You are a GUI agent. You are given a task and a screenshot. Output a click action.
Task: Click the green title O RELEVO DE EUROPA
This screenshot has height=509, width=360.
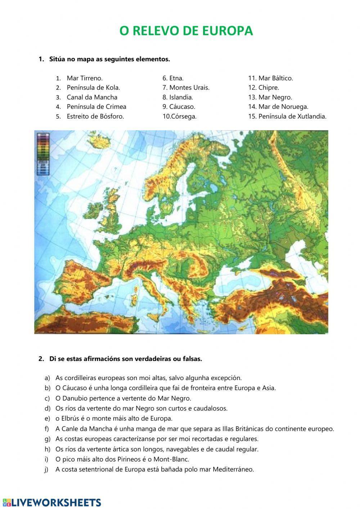click(186, 31)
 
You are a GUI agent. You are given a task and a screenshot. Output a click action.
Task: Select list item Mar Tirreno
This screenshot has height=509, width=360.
click(85, 78)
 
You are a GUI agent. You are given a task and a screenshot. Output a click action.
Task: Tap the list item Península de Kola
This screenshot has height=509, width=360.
click(93, 88)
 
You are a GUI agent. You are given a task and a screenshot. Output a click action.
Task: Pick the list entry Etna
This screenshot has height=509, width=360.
click(176, 78)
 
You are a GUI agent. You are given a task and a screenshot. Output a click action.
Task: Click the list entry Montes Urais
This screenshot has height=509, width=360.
click(189, 88)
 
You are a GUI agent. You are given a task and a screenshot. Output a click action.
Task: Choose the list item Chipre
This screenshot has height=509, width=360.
click(269, 88)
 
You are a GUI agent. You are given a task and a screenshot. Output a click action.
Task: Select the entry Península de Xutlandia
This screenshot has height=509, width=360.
click(292, 116)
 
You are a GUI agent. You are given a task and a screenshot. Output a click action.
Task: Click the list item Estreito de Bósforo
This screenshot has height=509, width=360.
click(95, 116)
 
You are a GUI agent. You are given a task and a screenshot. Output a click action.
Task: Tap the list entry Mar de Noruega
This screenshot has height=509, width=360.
click(283, 107)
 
